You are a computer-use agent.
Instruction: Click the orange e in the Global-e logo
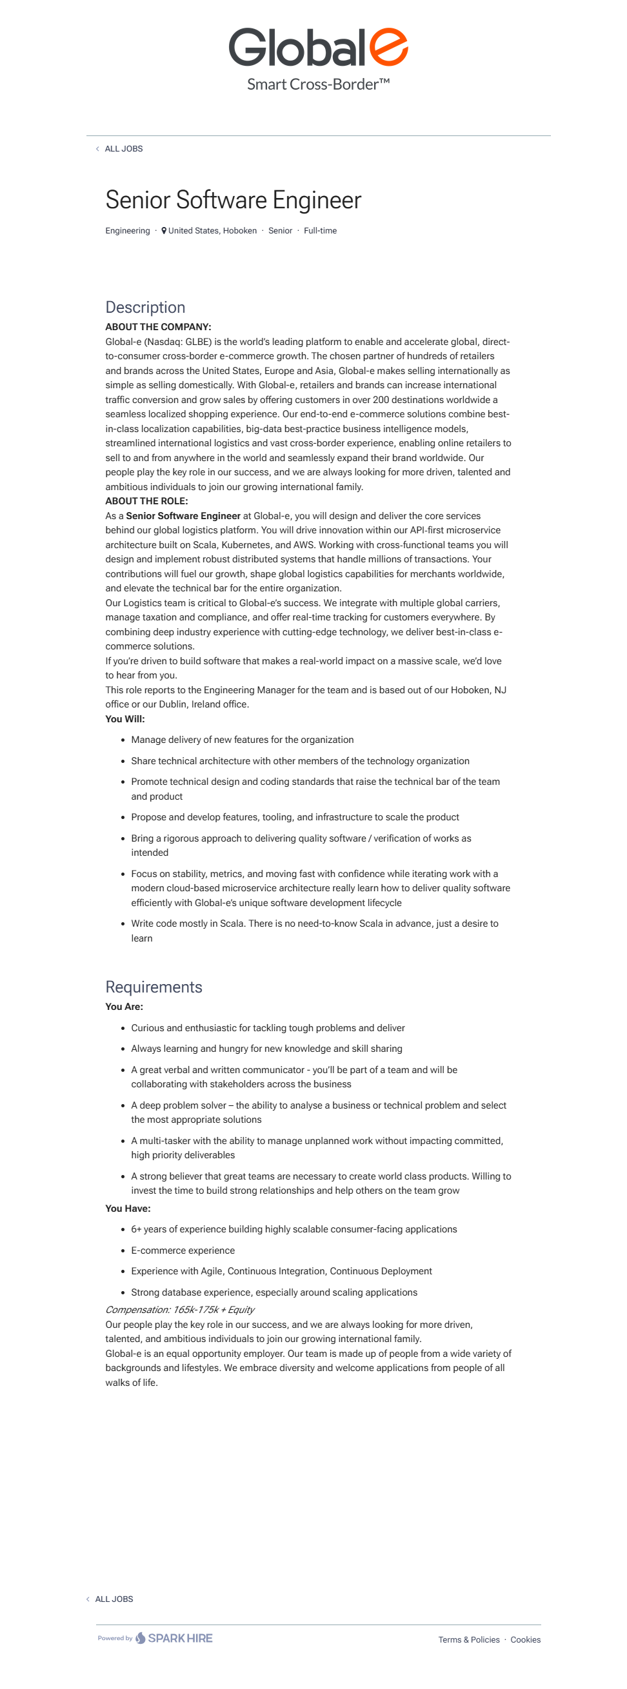pos(388,47)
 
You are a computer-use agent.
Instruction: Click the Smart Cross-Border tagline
pos(318,84)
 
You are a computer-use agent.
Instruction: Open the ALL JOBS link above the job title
pos(123,149)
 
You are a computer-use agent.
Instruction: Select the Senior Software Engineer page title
pos(233,200)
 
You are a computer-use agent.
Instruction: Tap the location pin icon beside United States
pos(164,231)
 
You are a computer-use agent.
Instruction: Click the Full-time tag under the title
pos(320,231)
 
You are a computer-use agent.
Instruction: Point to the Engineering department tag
pos(128,231)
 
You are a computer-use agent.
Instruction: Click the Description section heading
pos(145,308)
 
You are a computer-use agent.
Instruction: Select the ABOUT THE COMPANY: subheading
pos(158,326)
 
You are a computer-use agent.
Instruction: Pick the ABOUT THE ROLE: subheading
pos(146,501)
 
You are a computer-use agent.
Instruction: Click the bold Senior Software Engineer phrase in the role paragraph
pos(183,516)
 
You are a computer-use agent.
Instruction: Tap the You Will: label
pos(124,718)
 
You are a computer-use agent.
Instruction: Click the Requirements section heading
pos(154,987)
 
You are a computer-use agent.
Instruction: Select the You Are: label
pos(124,1007)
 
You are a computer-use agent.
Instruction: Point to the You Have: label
pos(128,1209)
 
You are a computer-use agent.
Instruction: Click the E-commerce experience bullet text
pos(183,1250)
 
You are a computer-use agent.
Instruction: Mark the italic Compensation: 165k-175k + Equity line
pos(180,1309)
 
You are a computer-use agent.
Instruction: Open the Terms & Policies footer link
pos(469,1639)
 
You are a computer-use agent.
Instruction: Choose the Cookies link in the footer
pos(525,1639)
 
